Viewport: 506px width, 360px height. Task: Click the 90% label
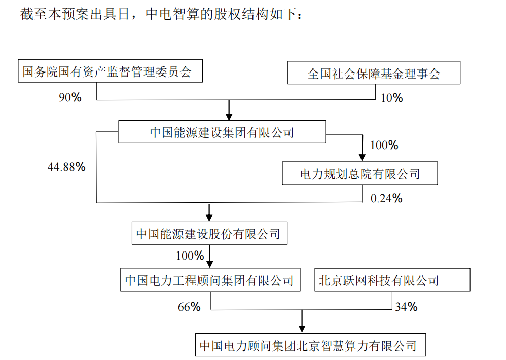point(70,97)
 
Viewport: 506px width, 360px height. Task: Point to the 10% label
point(392,98)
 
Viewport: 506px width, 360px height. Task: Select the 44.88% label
point(66,167)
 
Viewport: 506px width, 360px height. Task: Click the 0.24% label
point(386,198)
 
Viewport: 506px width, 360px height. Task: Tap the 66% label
point(189,307)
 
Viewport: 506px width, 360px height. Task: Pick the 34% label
point(406,307)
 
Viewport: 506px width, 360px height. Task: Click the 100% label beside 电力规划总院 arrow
point(384,145)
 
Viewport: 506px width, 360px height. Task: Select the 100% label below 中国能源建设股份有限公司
point(190,256)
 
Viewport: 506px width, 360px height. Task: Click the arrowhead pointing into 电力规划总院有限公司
point(362,157)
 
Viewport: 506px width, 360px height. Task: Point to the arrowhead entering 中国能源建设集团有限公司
point(229,117)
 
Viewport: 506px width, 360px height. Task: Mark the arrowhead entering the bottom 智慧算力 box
point(302,329)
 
